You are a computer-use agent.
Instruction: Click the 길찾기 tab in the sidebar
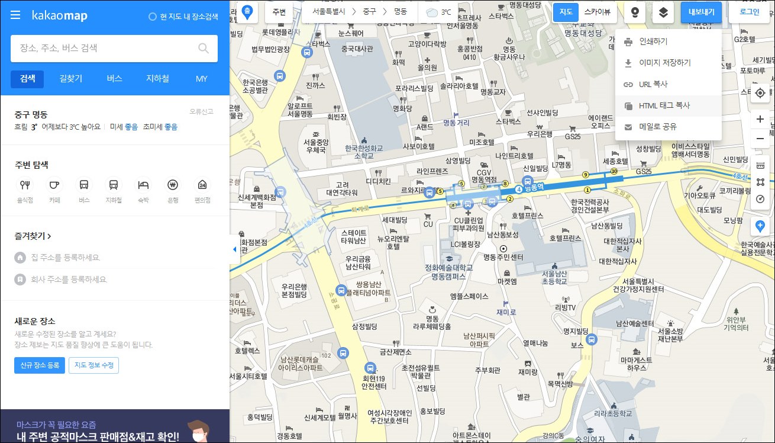tap(71, 79)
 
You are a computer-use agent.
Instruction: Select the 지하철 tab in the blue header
tap(157, 79)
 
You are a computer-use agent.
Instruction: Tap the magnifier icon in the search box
tap(204, 49)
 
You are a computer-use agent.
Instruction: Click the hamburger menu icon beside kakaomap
tap(16, 15)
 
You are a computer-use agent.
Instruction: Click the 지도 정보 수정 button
tap(93, 365)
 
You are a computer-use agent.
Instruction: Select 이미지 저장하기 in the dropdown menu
tap(664, 63)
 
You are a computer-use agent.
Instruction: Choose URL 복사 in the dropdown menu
tap(653, 85)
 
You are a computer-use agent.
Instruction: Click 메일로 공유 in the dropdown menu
tap(658, 127)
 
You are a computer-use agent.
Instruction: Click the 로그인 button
tap(749, 12)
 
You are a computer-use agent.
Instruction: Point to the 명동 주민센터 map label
tap(503, 257)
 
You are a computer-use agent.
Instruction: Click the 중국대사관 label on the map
tap(357, 49)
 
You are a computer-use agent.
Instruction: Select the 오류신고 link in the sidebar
tap(201, 111)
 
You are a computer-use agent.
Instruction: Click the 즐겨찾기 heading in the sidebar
tap(33, 236)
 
